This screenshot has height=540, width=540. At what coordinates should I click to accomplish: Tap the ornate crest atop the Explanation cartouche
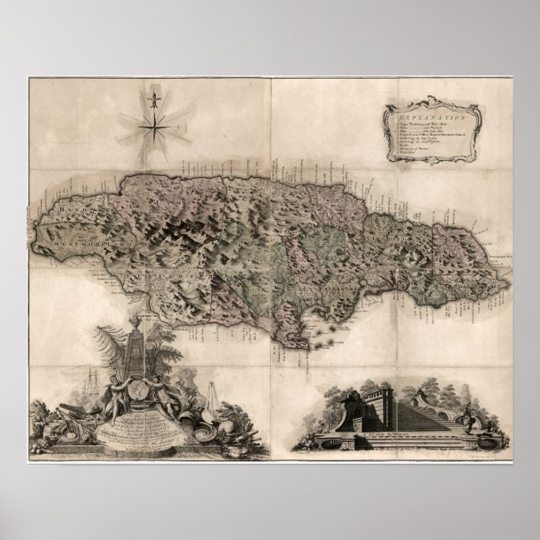[x=433, y=103]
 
